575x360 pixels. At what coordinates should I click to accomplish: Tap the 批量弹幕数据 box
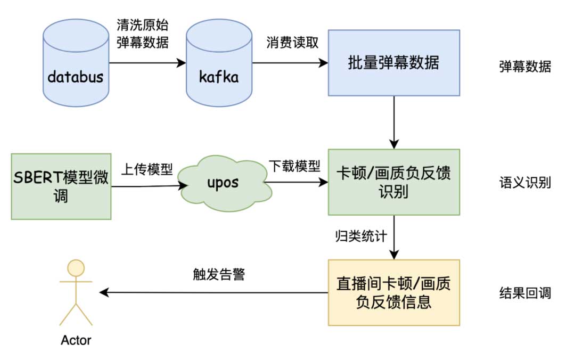(x=393, y=63)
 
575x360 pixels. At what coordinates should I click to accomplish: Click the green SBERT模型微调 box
(x=61, y=186)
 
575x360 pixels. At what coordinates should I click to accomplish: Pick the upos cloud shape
(x=223, y=183)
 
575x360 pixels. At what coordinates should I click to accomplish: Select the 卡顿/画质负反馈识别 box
(x=393, y=182)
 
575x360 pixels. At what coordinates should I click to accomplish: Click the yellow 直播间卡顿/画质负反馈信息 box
(x=393, y=292)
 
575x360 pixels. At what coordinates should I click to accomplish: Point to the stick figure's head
(x=76, y=267)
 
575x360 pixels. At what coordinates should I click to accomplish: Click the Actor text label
(x=76, y=340)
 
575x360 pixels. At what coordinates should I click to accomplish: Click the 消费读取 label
(x=292, y=43)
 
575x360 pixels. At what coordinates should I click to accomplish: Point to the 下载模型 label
(x=294, y=166)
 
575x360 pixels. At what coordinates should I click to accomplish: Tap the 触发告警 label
(x=219, y=275)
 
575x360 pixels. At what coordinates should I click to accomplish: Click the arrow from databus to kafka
(x=146, y=63)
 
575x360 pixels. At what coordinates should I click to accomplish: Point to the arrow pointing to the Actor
(x=213, y=292)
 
